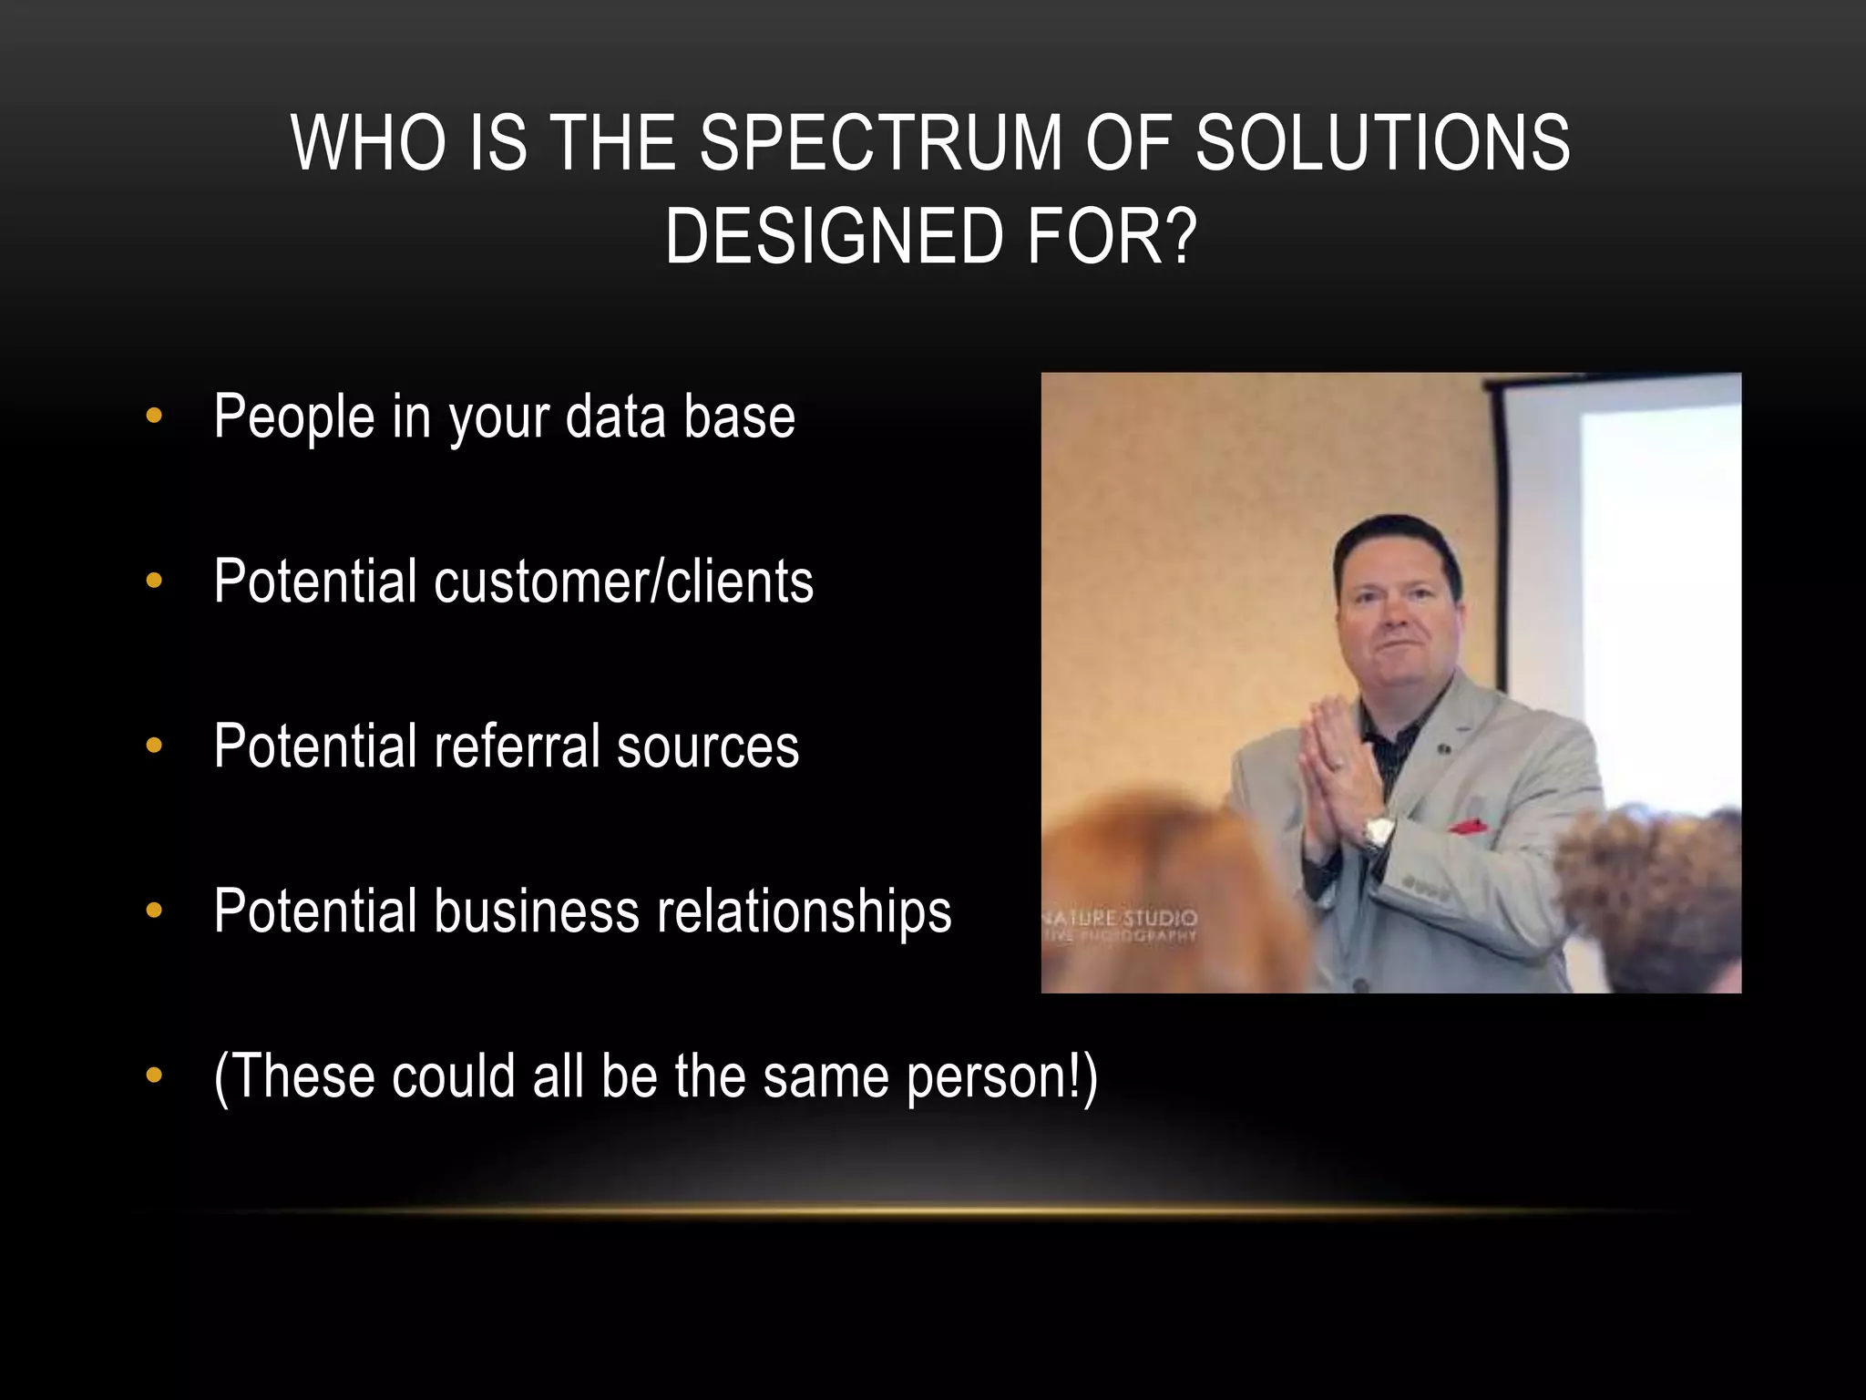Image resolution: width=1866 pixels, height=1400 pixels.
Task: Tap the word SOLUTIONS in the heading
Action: [1382, 143]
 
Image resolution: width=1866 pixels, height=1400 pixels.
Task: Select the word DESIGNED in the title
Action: [834, 237]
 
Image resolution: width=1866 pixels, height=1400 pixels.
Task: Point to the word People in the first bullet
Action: [293, 417]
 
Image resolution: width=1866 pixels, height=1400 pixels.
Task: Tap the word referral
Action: [517, 746]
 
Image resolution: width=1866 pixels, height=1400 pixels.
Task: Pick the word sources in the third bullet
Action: [708, 746]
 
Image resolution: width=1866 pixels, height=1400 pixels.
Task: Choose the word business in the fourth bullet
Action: [537, 911]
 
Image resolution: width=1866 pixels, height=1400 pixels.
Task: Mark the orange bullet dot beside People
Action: [154, 417]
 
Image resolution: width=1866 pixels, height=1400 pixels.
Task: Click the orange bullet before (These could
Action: [154, 1076]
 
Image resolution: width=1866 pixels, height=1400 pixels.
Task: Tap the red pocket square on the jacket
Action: [1468, 827]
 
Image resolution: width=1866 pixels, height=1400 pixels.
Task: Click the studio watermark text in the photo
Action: [1121, 924]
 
